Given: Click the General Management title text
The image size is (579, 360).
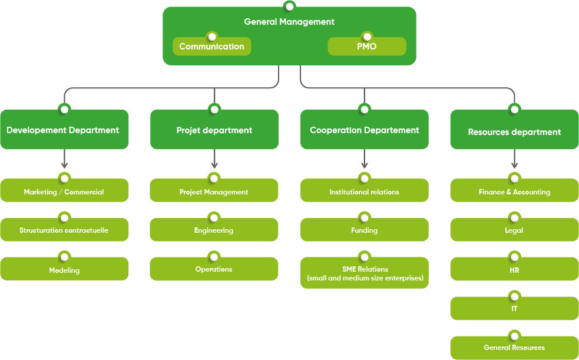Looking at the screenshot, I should pos(289,22).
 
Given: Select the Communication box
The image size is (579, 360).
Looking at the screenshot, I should pos(211,47).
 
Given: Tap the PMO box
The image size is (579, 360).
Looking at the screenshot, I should pos(366,47).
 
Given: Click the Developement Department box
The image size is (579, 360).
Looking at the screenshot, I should pos(64,130).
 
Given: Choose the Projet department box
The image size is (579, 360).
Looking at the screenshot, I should pos(214,130).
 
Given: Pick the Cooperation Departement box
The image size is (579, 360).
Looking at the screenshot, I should pos(365,130).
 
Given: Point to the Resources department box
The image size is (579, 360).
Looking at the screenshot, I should pos(514,132).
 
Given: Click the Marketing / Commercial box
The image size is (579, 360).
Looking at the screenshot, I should pos(64,191).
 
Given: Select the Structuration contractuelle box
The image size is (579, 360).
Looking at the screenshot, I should pos(64,230).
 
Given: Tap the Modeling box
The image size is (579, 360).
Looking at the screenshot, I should pos(64,270).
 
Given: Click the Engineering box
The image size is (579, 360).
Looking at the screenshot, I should pos(214,230).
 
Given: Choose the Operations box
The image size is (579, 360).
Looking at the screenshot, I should pos(214,269).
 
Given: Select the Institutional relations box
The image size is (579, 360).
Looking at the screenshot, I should pos(365,191).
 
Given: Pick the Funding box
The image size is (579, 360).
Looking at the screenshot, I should pos(365,230).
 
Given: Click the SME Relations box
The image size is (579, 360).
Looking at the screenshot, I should pos(365,273).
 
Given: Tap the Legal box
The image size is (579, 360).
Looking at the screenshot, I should pos(514,230).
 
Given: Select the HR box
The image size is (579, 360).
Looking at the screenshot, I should pos(514,270).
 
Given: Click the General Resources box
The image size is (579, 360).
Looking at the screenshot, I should pos(514,348).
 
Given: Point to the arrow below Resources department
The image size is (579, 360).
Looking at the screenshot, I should pos(514,159).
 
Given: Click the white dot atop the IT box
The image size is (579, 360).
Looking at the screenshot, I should pos(514,296).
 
